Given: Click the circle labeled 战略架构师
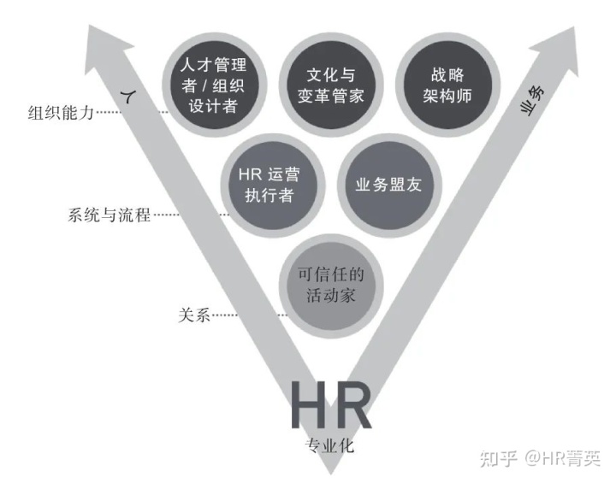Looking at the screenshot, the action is point(447,85).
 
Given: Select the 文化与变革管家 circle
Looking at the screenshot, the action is point(331,85).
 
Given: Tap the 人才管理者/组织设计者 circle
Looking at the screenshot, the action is point(215,85).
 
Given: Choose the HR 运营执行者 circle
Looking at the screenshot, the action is point(273,186).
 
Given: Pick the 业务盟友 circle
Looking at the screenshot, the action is point(389,186).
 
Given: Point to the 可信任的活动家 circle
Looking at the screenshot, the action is point(331,286).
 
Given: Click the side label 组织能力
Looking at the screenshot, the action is point(61,113).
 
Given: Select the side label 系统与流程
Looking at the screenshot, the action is point(109,215).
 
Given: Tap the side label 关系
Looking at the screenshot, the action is point(194,315).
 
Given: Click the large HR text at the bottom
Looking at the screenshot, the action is point(330,406).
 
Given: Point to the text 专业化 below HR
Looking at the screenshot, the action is point(329,445).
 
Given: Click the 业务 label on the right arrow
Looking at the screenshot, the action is point(533,101).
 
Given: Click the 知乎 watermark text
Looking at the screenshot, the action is point(498,458).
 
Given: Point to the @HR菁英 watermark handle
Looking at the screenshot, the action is point(562,458).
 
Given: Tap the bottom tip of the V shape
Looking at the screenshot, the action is point(330,474).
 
